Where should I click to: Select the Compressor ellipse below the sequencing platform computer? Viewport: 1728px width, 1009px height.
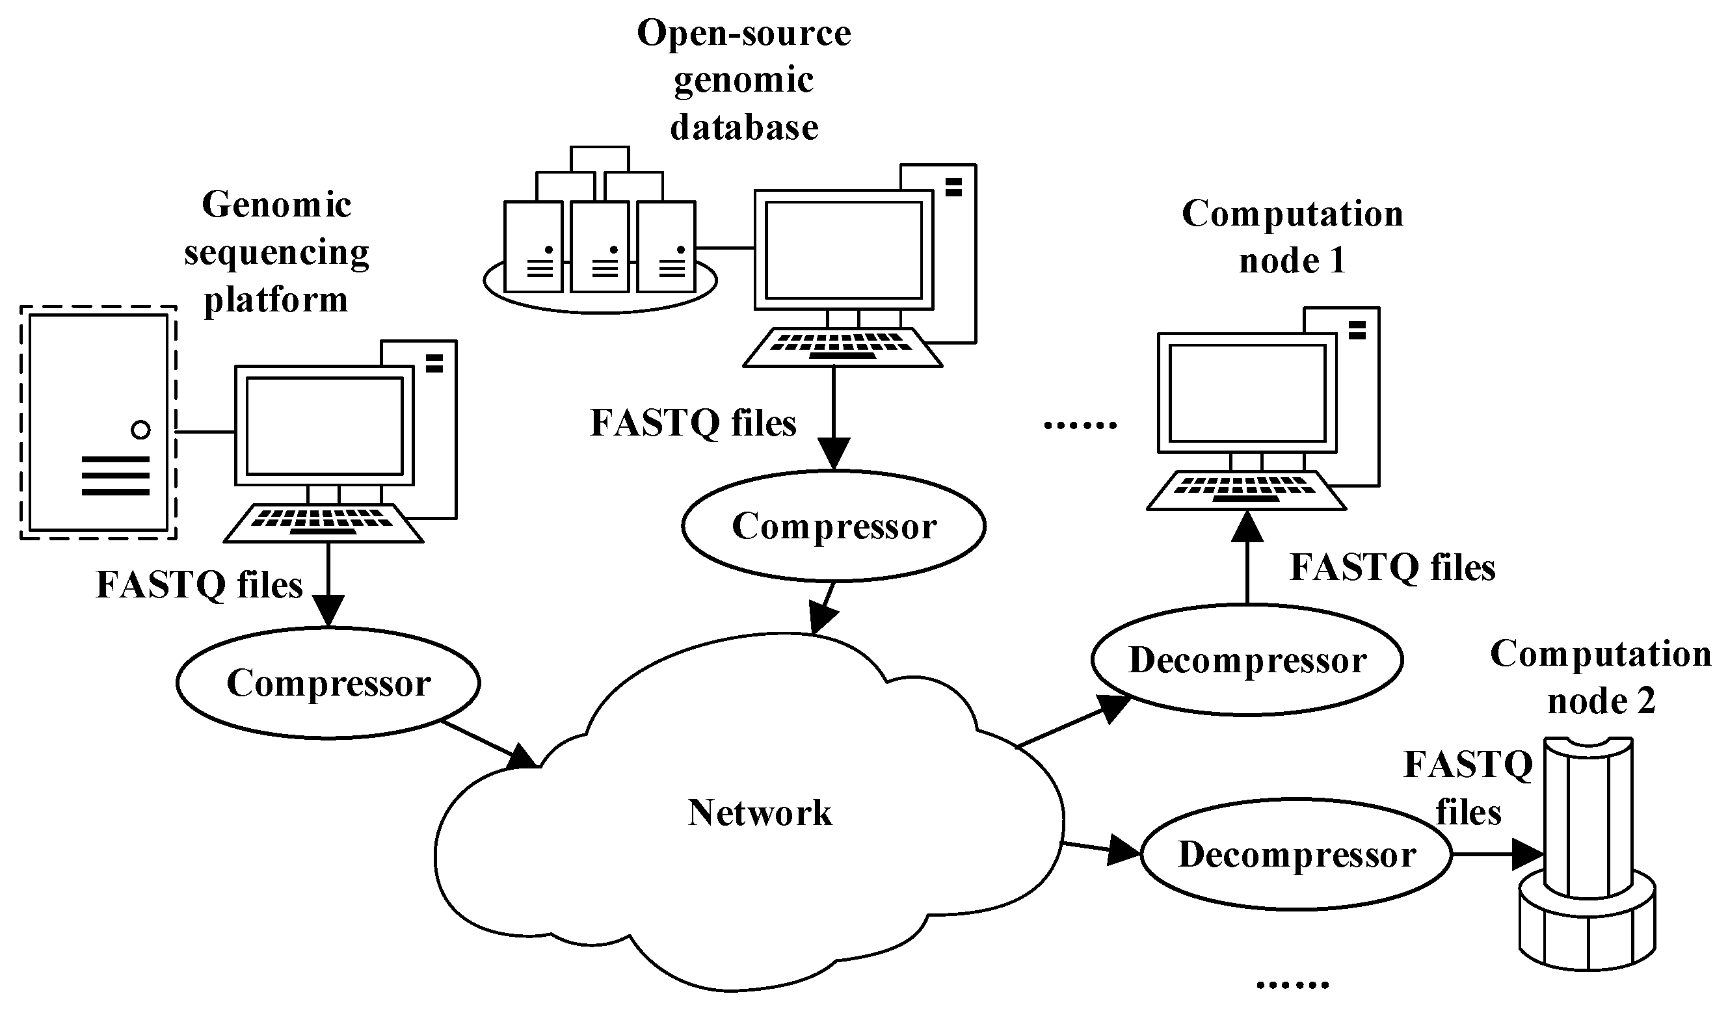pyautogui.click(x=328, y=683)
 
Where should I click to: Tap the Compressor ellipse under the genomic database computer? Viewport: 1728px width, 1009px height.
pyautogui.click(x=834, y=527)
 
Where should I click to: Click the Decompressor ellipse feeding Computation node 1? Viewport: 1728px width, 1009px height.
pyautogui.click(x=1247, y=661)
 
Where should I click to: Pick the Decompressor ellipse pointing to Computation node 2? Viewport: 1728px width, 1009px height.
pyautogui.click(x=1296, y=855)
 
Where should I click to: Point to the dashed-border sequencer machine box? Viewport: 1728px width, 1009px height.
pyautogui.click(x=98, y=423)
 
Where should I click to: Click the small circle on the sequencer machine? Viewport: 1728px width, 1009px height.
pyautogui.click(x=140, y=430)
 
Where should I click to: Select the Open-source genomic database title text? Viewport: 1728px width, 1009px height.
pyautogui.click(x=744, y=80)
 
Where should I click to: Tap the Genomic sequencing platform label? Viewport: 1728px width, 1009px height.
pyautogui.click(x=276, y=252)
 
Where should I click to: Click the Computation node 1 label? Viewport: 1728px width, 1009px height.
pyautogui.click(x=1292, y=237)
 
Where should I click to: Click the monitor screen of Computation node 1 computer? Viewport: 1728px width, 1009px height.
pyautogui.click(x=1247, y=393)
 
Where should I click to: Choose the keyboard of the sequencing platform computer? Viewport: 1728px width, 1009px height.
pyautogui.click(x=324, y=522)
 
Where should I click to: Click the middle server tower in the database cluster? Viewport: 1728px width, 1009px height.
pyautogui.click(x=600, y=247)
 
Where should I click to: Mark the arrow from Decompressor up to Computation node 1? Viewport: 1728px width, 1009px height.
pyautogui.click(x=1247, y=558)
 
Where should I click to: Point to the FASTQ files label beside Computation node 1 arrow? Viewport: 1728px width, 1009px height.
pyautogui.click(x=1392, y=568)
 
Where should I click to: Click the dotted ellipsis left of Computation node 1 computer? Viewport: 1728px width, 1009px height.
pyautogui.click(x=1080, y=426)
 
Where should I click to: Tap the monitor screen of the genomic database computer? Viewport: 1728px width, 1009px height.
pyautogui.click(x=844, y=250)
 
